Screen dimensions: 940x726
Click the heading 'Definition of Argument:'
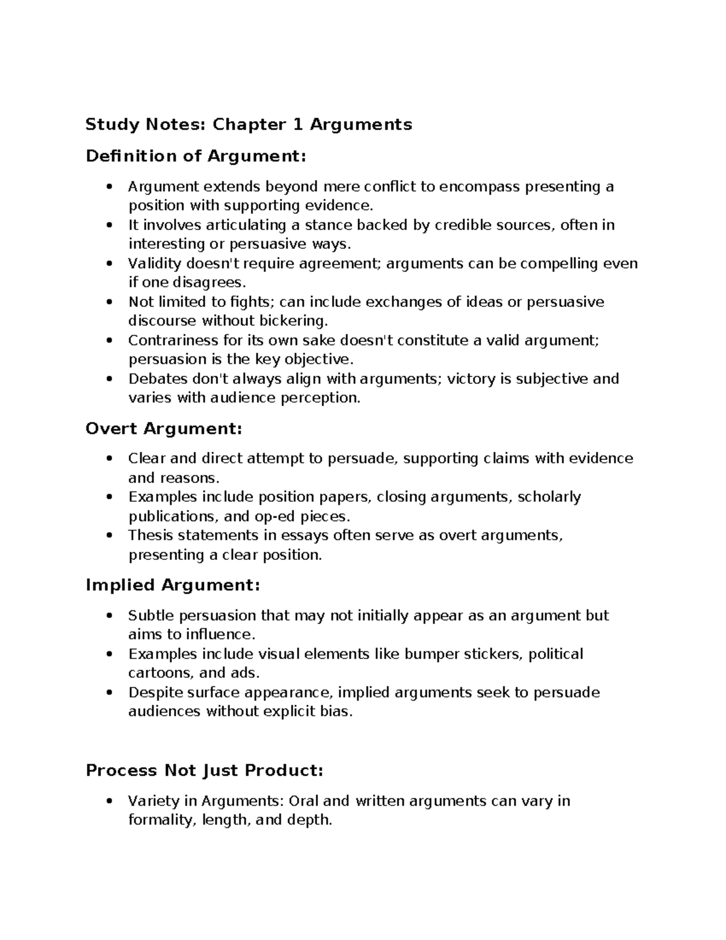(196, 156)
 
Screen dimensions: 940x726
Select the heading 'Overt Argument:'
(163, 429)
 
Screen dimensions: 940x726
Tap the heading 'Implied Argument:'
(172, 585)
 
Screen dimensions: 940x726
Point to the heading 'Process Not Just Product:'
(204, 771)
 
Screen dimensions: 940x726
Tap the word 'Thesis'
(149, 535)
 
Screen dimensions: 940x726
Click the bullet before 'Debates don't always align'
(109, 380)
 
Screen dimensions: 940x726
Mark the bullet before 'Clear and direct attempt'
(109, 459)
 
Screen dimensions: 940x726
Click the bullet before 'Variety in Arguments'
(109, 802)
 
